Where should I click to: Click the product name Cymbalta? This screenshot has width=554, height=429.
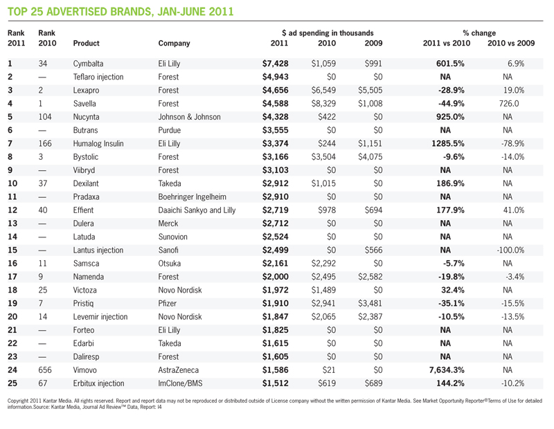point(88,64)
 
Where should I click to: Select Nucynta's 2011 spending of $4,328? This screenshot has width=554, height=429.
point(275,117)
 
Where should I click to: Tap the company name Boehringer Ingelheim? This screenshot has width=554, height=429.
point(193,197)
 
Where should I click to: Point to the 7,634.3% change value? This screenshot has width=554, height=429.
point(447,370)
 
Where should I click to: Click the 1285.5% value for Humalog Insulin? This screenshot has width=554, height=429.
point(448,144)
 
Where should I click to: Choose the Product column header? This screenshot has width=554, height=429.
point(86,43)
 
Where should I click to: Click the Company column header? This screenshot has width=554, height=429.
point(175,44)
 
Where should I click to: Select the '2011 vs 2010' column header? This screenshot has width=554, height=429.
point(447,43)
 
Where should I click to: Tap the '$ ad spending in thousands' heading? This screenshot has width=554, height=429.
point(328,33)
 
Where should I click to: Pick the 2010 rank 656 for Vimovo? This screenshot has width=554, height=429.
point(45,370)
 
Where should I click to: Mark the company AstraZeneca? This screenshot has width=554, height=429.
point(179,370)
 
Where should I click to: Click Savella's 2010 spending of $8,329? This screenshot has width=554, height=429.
point(323,104)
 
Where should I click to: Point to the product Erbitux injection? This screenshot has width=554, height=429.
point(98,383)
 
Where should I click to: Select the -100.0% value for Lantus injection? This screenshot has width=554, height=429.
point(510,250)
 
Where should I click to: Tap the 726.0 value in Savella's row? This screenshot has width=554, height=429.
point(509,104)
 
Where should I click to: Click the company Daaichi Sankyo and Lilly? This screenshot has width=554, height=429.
point(197,210)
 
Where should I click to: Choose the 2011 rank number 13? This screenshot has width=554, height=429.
point(12,223)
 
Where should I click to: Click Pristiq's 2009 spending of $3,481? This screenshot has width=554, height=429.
point(370,304)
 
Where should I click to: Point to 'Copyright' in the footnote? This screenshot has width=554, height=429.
point(17,401)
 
